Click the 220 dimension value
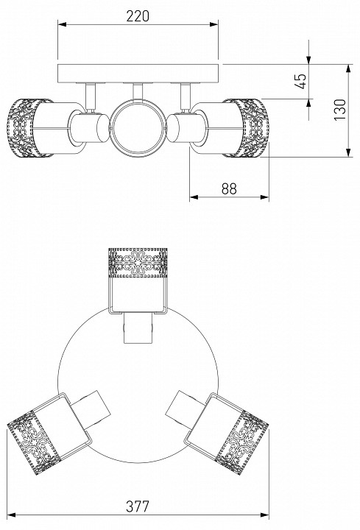(138, 16)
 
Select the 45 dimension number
(300, 81)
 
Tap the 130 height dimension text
(340, 110)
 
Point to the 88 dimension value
(229, 188)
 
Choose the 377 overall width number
(138, 506)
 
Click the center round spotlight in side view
(138, 128)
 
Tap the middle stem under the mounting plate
(138, 91)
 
